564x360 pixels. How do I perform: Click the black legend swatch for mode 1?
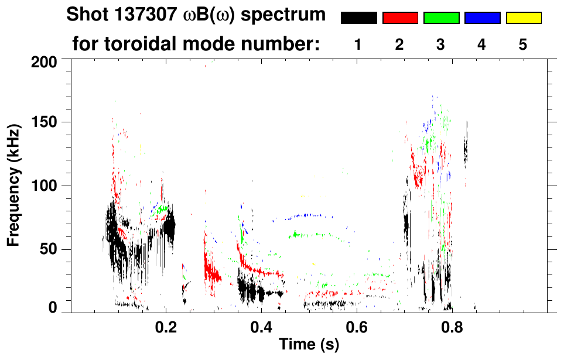[x=358, y=18]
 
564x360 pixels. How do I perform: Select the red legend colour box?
[x=400, y=18]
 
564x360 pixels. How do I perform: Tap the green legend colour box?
[x=441, y=18]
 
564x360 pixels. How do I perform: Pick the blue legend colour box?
[x=482, y=18]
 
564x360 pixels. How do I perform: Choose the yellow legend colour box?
[x=524, y=18]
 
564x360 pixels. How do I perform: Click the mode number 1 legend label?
[x=358, y=44]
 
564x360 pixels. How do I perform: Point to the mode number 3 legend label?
[x=441, y=44]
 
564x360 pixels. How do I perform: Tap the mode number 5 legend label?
[x=523, y=44]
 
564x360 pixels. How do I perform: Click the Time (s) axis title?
[x=308, y=345]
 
